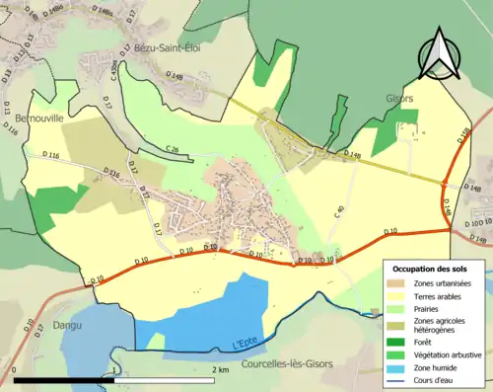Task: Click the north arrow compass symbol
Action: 442,51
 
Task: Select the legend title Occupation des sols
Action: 435,269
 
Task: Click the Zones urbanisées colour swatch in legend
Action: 400,284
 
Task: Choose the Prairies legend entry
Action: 428,307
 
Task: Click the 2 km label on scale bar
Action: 222,369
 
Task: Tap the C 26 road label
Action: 173,149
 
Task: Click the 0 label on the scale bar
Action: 15,369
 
